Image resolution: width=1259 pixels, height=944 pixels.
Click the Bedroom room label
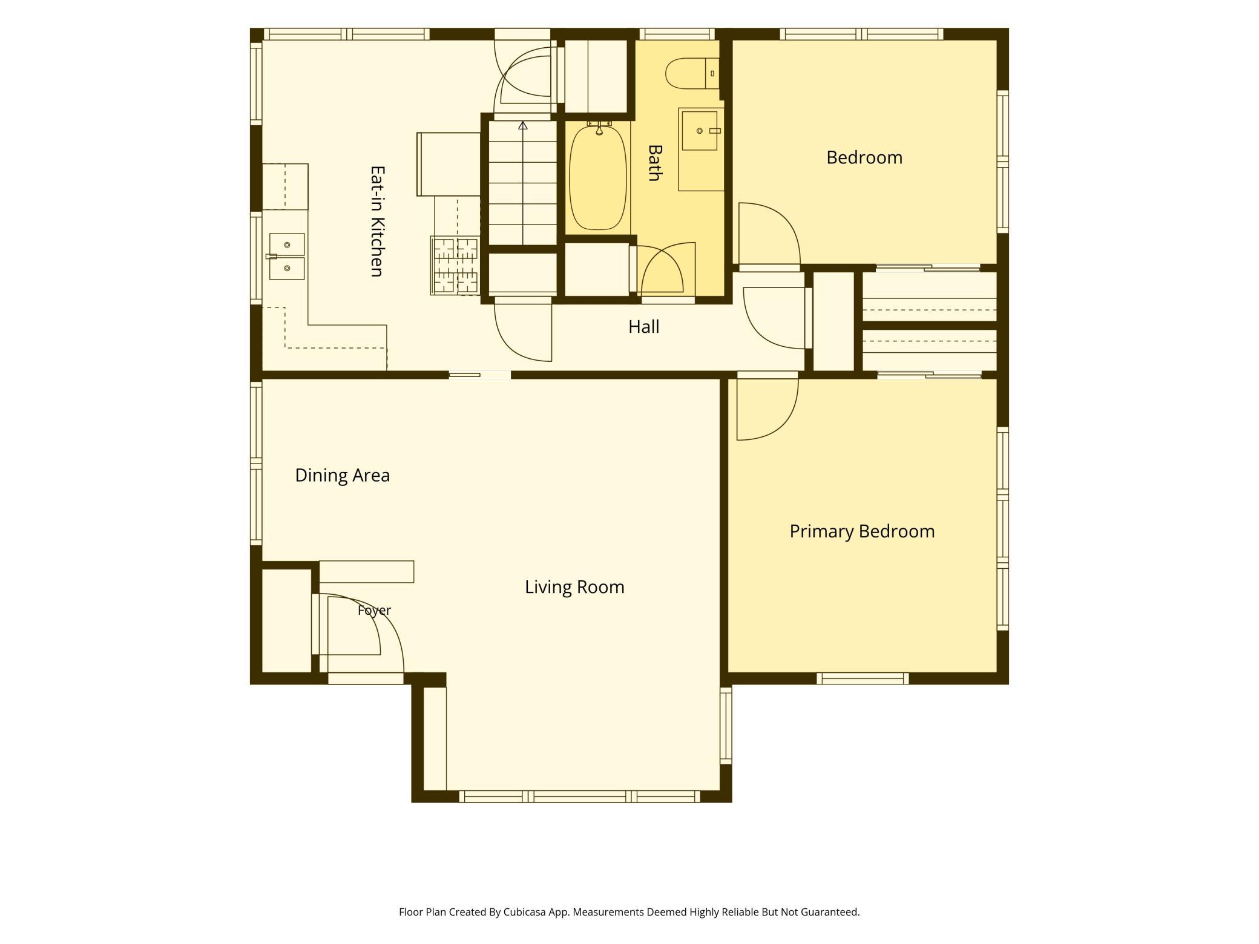coord(864,157)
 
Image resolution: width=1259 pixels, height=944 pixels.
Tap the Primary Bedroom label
coord(862,531)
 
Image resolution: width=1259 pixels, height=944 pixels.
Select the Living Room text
coord(574,587)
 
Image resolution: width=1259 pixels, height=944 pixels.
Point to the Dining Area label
coord(342,476)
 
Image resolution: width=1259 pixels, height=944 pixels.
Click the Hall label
coord(643,327)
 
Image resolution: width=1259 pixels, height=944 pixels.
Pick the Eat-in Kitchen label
coord(377,221)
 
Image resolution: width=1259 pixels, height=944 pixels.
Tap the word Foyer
coord(374,611)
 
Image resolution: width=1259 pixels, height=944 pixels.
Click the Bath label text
coord(654,163)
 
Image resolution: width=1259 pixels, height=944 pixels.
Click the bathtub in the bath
coord(598,177)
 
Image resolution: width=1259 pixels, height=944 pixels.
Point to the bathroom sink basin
coord(700,131)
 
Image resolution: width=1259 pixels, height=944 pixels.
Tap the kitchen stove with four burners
coord(455,266)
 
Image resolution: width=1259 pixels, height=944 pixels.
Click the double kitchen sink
coord(287,256)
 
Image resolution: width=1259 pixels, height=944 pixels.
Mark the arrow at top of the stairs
coord(523,125)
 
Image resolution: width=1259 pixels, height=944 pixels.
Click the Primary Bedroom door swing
coord(768,409)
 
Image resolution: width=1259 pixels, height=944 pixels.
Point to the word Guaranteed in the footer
coord(830,912)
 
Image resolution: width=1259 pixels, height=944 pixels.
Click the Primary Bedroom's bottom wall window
coord(863,678)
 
